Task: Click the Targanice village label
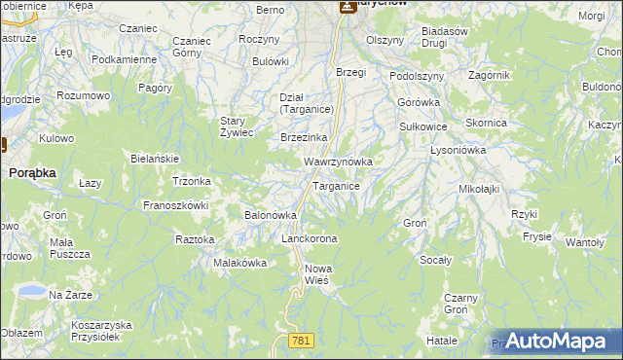(336, 185)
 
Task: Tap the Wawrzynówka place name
(339, 161)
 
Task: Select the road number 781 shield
(301, 339)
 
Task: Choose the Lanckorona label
(309, 238)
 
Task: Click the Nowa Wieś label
(318, 273)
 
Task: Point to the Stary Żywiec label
(237, 126)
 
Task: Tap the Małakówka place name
(234, 263)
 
